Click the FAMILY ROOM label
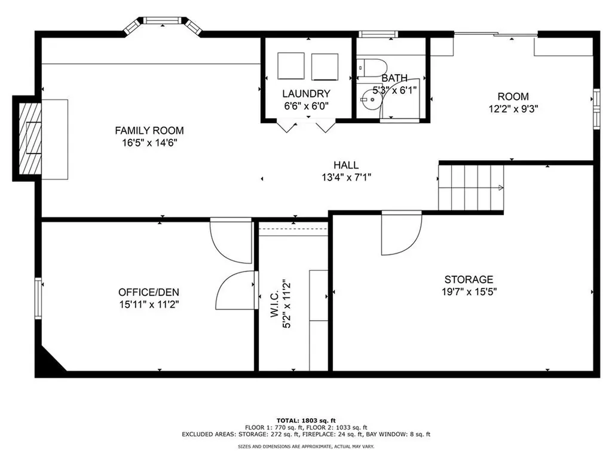point(149,130)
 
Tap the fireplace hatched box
point(29,139)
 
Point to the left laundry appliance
point(292,66)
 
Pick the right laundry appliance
point(325,66)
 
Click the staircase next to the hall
point(471,188)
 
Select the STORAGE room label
point(469,279)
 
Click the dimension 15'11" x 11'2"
point(149,304)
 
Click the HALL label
point(346,165)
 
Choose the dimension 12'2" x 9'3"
point(513,109)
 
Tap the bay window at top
point(163,22)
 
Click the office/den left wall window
point(38,298)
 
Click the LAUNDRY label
point(306,94)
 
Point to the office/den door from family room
point(232,239)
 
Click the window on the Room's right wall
point(596,108)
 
